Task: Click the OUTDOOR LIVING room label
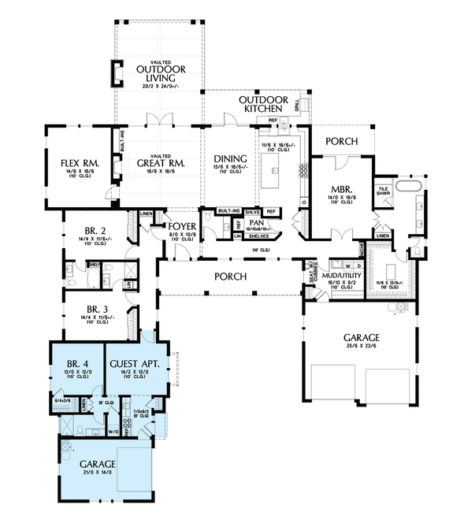[x=160, y=72]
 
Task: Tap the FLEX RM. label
[x=79, y=165]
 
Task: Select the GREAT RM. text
[x=160, y=164]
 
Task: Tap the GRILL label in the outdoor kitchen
[x=297, y=106]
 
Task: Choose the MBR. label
[x=340, y=190]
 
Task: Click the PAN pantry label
[x=256, y=223]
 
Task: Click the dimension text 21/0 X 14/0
[x=97, y=473]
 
